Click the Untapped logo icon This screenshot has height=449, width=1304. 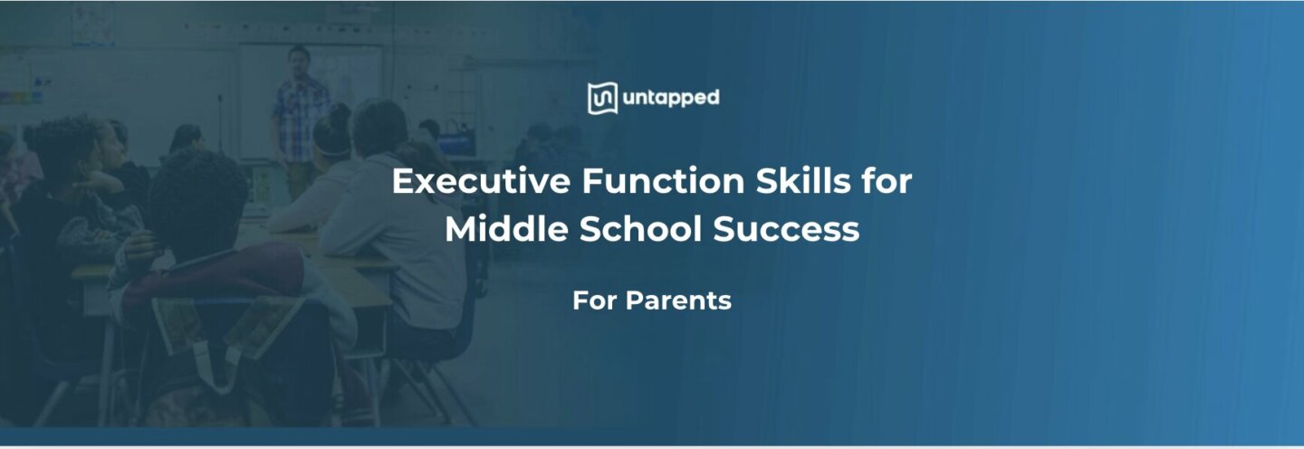602,98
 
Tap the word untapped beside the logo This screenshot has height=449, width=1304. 671,98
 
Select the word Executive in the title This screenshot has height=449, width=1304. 481,182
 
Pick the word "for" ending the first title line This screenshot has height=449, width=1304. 888,182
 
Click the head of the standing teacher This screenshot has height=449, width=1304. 298,58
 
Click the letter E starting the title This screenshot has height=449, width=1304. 400,182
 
